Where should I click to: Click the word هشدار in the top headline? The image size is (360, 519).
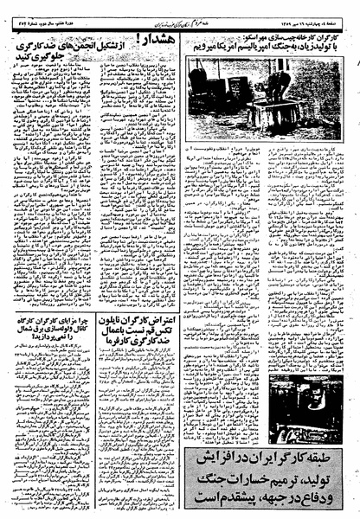click(159, 39)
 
